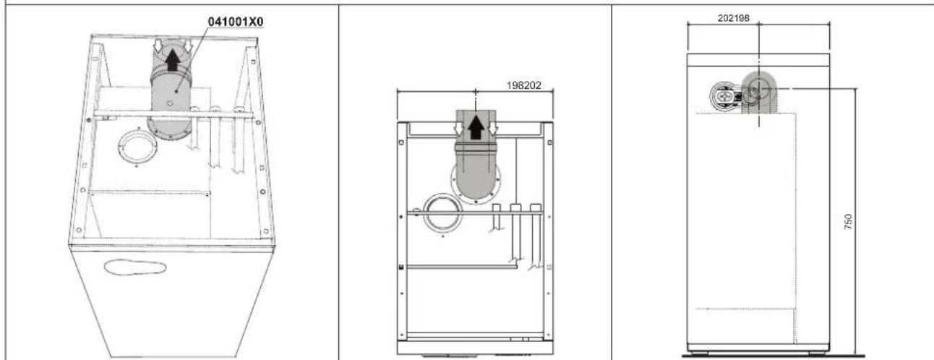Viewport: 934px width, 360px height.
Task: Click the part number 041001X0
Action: coord(236,22)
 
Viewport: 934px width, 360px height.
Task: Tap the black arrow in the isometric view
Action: coord(173,60)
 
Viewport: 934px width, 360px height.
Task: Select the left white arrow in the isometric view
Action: coord(158,46)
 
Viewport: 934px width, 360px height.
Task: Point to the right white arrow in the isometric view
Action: coord(188,46)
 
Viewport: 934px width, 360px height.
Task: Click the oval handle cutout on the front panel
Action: coord(135,267)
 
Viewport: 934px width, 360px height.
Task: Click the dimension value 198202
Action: coord(523,85)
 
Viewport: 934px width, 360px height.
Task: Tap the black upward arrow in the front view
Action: coord(476,127)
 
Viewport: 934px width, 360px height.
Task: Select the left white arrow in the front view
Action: coord(458,128)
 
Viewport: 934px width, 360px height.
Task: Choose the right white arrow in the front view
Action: coord(493,128)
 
